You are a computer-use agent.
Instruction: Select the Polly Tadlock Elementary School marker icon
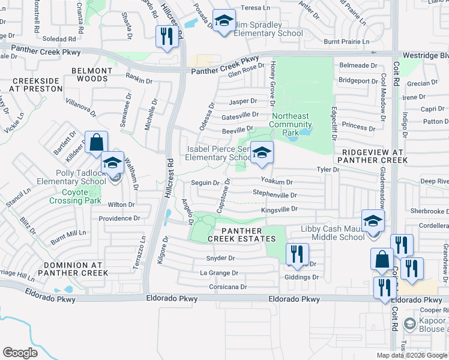click(112, 163)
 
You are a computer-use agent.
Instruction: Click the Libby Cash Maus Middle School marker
click(373, 221)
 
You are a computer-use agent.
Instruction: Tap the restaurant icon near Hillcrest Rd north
click(165, 37)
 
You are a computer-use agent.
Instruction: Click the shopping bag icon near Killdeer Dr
click(96, 143)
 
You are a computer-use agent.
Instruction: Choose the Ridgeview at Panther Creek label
click(372, 156)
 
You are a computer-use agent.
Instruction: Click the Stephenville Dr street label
click(274, 195)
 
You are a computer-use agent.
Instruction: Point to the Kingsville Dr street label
click(279, 209)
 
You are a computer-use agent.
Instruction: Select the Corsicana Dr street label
click(228, 287)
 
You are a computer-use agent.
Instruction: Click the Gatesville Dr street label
click(240, 114)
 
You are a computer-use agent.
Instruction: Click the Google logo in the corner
click(20, 353)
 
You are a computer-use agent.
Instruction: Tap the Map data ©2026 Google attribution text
click(412, 355)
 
